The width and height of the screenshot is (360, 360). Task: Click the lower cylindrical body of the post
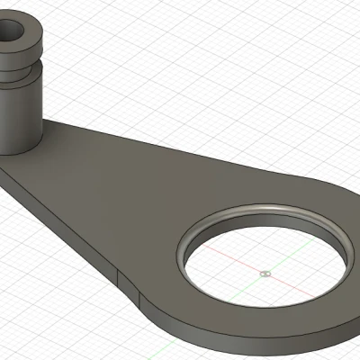pos(20,117)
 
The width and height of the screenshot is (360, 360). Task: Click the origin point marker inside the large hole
pos(263,272)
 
